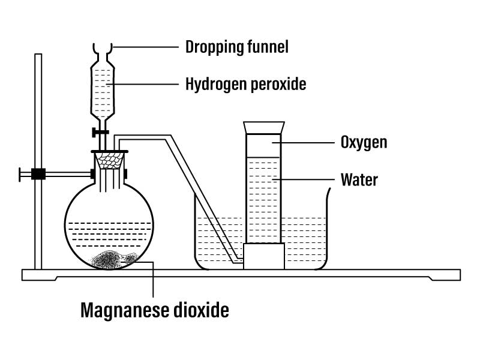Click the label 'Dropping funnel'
tap(237, 47)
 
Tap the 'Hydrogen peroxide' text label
tap(246, 84)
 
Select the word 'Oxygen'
tap(364, 143)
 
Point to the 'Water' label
tap(359, 179)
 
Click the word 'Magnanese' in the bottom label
tap(125, 310)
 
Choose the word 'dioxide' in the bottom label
tap(201, 310)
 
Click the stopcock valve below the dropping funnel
tap(100, 132)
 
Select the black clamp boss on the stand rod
tap(38, 174)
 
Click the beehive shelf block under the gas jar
tap(263, 256)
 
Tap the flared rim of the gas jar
tap(264, 128)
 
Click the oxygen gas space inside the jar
tap(263, 146)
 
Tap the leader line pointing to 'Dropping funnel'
tap(145, 47)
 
